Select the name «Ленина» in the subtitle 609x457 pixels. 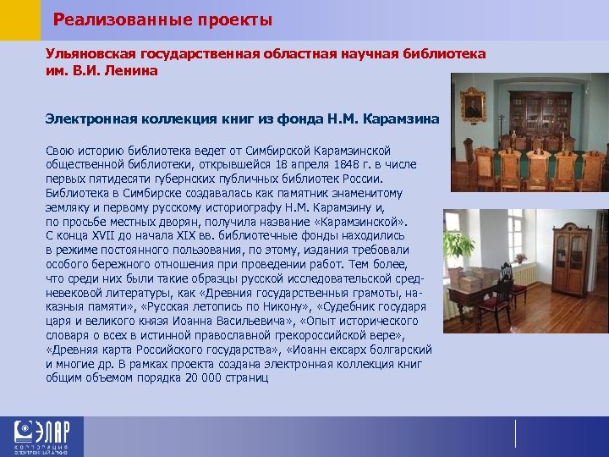pyautogui.click(x=133, y=70)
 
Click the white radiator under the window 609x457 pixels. pyautogui.click(x=525, y=275)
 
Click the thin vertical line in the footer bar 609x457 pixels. pyautogui.click(x=515, y=432)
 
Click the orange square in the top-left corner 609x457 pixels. pyautogui.click(x=19, y=19)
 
